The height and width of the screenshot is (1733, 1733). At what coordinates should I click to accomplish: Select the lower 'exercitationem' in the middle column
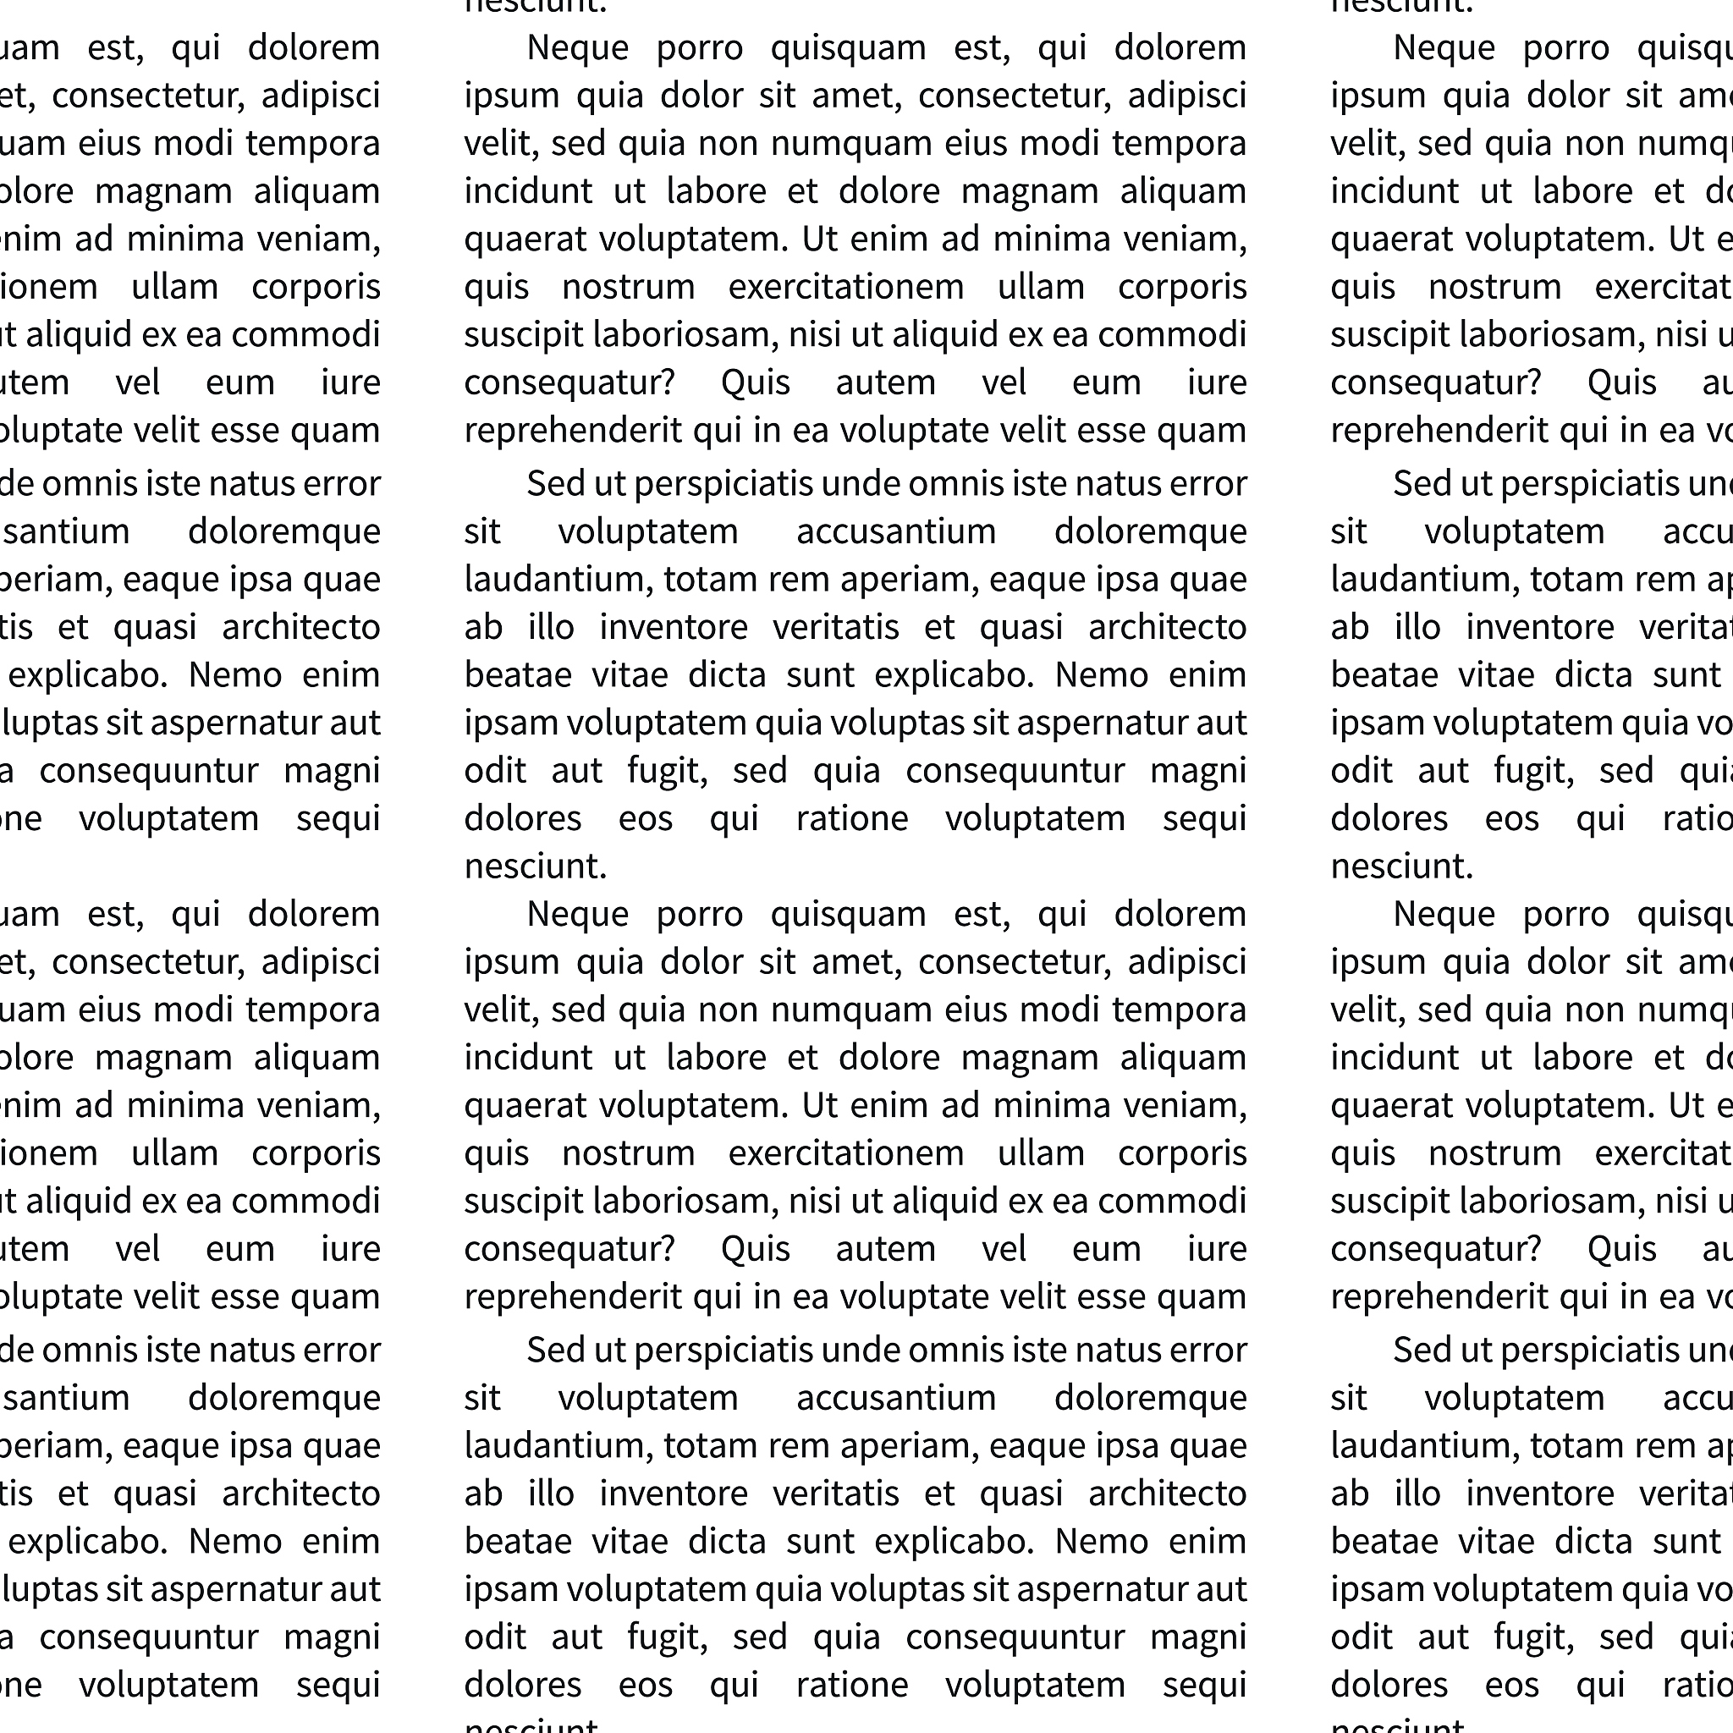click(x=845, y=1153)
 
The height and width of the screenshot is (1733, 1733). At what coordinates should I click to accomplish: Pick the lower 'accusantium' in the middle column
click(x=895, y=1398)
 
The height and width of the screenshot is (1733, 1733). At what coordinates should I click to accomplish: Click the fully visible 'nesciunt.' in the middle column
click(x=536, y=866)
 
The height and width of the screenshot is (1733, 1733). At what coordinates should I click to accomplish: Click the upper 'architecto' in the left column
click(x=300, y=628)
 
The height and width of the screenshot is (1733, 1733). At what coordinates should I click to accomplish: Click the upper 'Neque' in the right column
click(x=1444, y=48)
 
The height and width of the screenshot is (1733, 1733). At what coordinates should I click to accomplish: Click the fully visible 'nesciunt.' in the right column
click(x=1402, y=866)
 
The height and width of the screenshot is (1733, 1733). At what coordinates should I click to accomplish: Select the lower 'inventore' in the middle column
click(x=673, y=1494)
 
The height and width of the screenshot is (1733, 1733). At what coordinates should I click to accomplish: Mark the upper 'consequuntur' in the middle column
click(x=1015, y=772)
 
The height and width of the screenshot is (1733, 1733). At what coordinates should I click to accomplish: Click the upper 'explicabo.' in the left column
click(x=88, y=675)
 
